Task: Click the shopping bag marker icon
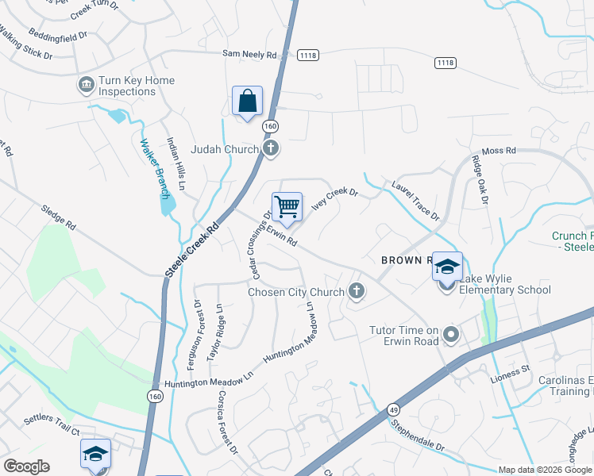247,102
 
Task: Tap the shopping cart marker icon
287,208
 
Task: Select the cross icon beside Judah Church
271,148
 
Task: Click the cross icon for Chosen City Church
357,291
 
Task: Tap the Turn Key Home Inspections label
137,86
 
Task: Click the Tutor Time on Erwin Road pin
452,336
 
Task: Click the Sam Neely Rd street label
249,55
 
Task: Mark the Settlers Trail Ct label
52,432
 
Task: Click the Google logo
26,466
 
